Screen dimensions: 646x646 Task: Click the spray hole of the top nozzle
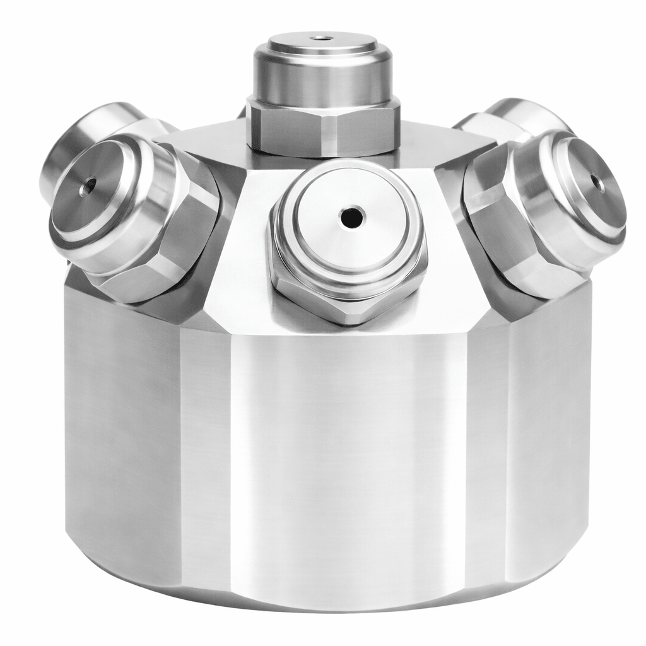click(x=322, y=37)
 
